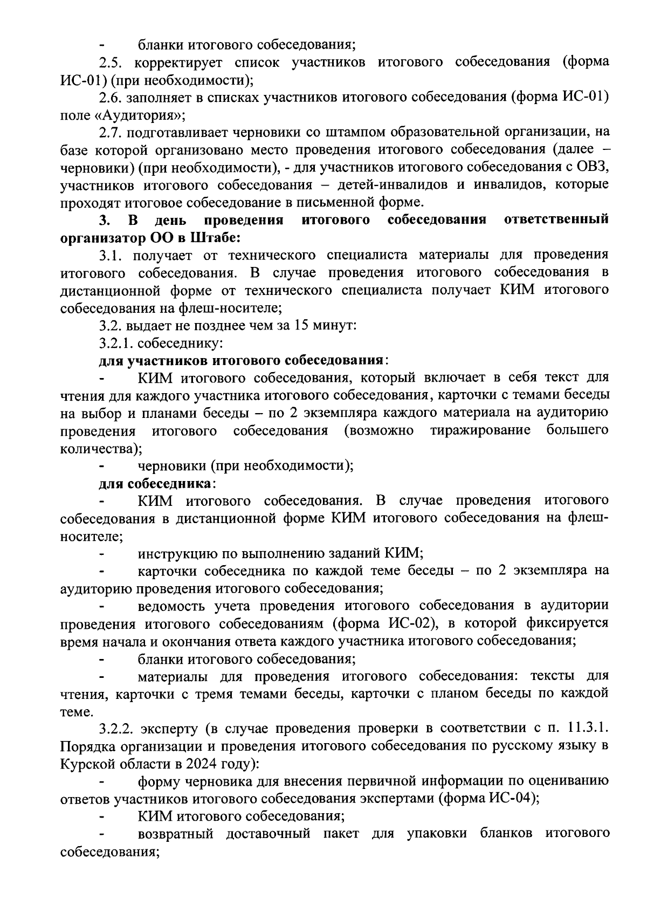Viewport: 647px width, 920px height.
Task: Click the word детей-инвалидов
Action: (393, 185)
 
